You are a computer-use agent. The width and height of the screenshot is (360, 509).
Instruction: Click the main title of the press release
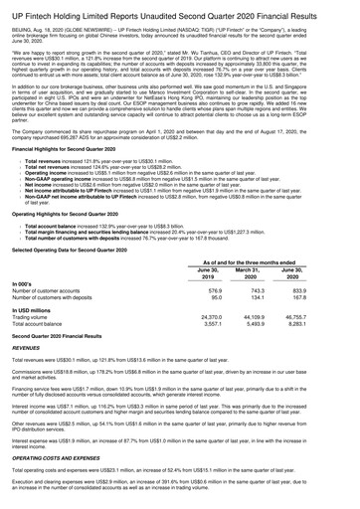179,9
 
